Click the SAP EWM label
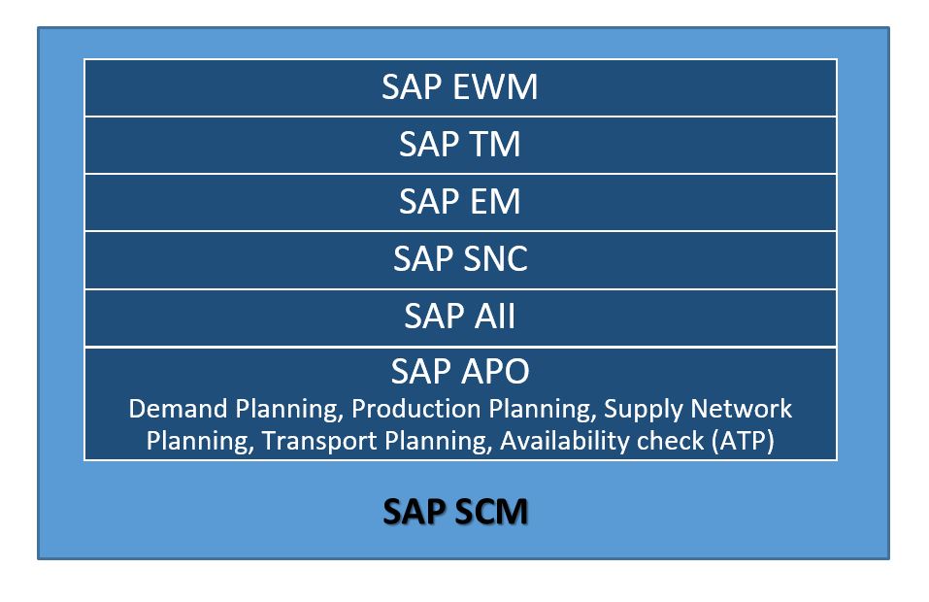click(460, 87)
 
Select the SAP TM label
click(460, 144)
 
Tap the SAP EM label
click(460, 201)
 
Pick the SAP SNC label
click(460, 258)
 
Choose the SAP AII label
click(460, 316)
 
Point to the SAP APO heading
click(460, 372)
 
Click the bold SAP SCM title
click(455, 512)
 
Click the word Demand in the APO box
click(178, 409)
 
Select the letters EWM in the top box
click(495, 87)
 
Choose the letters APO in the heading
click(495, 372)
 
